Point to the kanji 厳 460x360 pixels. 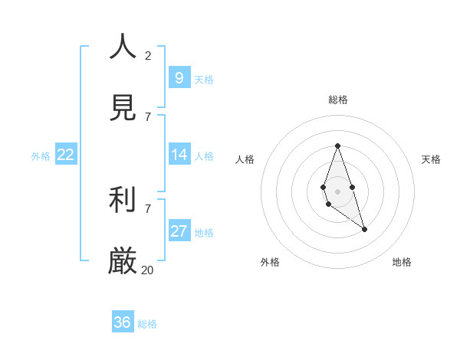pos(123,261)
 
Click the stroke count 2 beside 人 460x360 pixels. pos(148,55)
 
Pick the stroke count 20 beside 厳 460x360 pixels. pos(148,270)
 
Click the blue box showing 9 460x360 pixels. pos(179,77)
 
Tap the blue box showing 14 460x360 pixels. pos(179,155)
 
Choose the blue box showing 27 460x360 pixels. pos(179,231)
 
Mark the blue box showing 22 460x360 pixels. pos(65,155)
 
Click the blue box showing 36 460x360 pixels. pos(122,322)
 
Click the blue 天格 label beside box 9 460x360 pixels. pos(204,80)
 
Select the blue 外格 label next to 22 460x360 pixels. pos(41,156)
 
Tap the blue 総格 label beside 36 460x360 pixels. pos(147,324)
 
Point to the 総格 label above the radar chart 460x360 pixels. pos(337,100)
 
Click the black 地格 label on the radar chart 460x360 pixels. pos(402,262)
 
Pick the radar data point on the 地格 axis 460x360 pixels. pos(364,229)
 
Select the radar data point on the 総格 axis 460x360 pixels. pos(337,146)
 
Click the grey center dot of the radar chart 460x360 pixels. pos(337,191)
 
